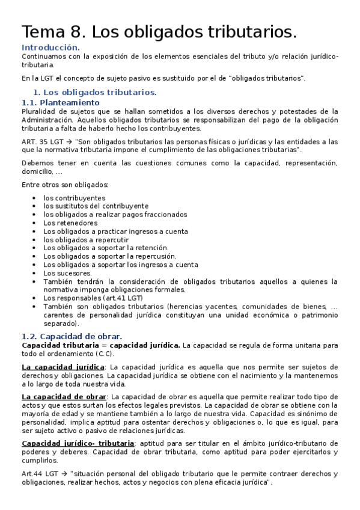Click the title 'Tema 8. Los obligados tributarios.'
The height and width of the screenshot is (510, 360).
click(159, 31)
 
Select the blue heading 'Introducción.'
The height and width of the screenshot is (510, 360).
click(50, 47)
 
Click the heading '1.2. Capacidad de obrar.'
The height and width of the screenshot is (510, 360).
click(72, 336)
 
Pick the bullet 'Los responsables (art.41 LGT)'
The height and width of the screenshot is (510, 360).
click(93, 298)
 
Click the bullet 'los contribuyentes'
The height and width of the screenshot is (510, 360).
click(74, 198)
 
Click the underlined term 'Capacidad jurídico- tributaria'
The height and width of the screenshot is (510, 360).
click(78, 443)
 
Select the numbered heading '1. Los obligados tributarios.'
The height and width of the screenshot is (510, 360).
click(94, 92)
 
